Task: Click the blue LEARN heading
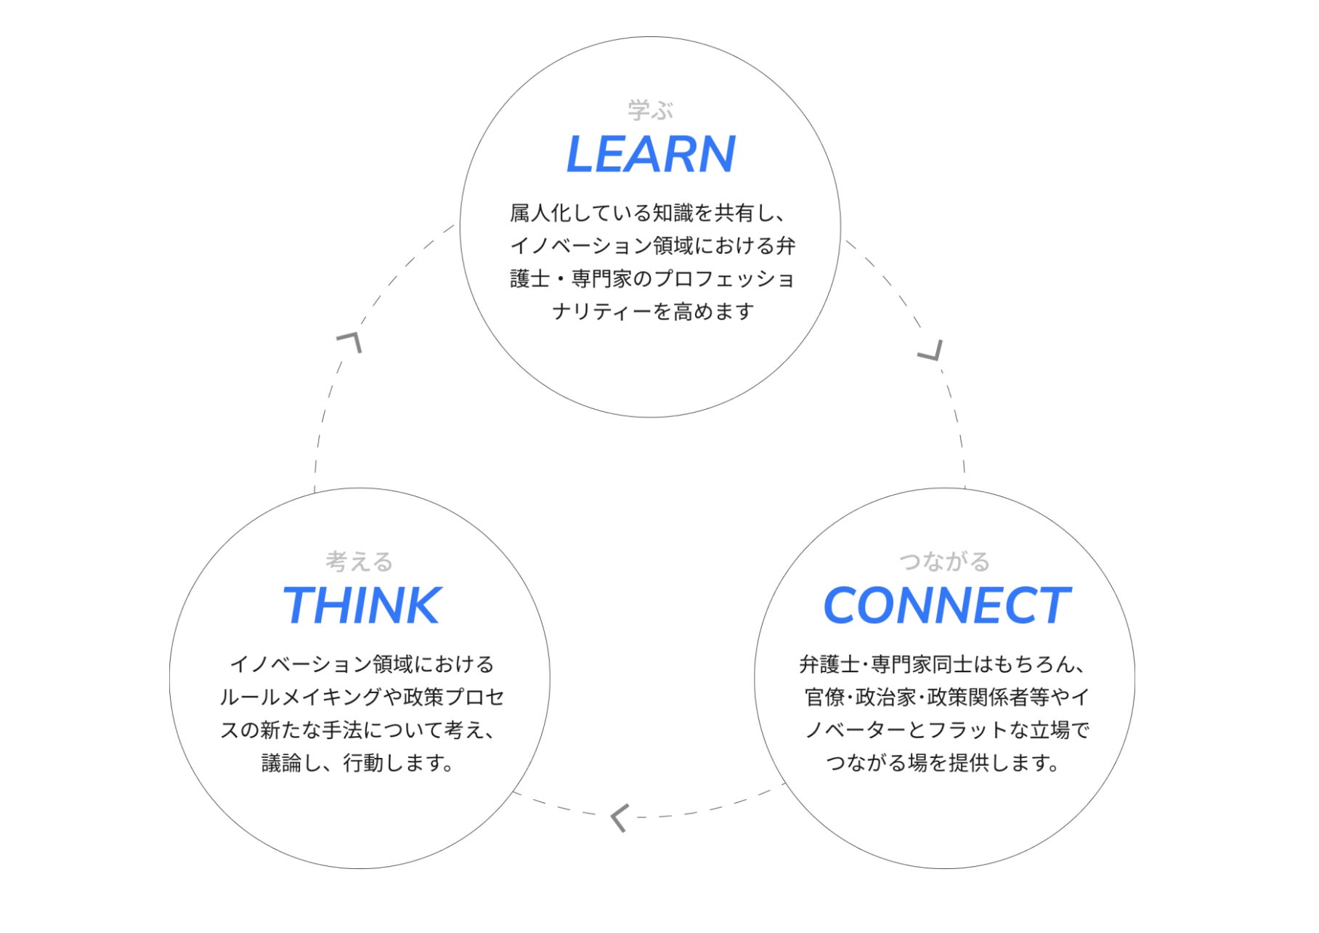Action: click(x=651, y=155)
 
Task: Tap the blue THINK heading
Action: click(x=361, y=606)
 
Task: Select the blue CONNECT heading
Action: click(x=946, y=606)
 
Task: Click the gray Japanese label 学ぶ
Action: click(x=651, y=110)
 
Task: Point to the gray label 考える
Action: click(x=360, y=562)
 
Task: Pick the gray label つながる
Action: click(x=944, y=562)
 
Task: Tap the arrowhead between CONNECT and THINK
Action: click(x=619, y=817)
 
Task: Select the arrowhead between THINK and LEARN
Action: click(x=351, y=341)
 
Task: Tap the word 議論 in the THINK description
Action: click(x=281, y=763)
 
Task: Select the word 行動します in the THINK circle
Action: click(x=396, y=763)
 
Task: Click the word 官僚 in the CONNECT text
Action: click(x=825, y=698)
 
